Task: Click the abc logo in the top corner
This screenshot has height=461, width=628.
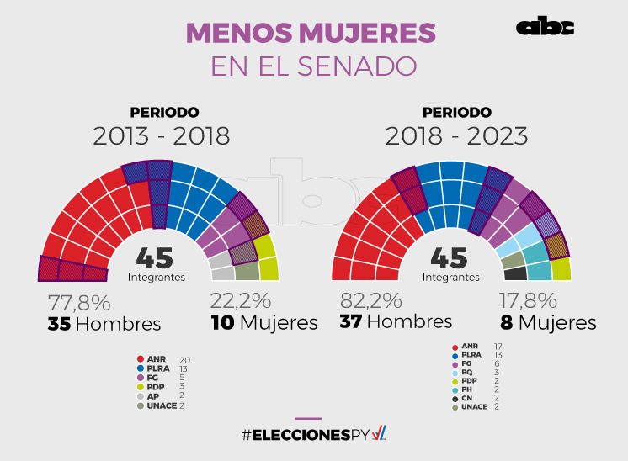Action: tap(545, 27)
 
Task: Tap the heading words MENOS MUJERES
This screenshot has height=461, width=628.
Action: tap(311, 32)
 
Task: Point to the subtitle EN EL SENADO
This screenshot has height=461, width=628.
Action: tap(313, 66)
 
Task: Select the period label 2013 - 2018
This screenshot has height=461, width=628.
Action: tap(162, 136)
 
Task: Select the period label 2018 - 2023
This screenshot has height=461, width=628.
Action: tap(456, 135)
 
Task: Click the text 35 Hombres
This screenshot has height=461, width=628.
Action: tap(104, 324)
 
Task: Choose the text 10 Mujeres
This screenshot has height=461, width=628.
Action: tap(263, 323)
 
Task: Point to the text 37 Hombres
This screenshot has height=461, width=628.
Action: tap(395, 322)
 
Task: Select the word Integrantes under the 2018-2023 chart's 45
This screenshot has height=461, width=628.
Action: tap(450, 278)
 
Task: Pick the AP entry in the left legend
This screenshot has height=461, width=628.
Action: tap(152, 395)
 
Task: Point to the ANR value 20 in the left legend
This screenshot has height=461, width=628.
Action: tap(185, 359)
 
